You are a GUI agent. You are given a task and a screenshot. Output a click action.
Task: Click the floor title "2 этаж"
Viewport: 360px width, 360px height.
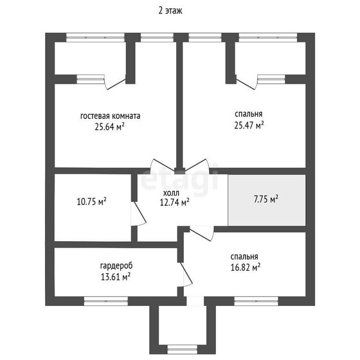[170, 11]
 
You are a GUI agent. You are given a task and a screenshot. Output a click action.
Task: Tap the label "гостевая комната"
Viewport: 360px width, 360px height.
[110, 116]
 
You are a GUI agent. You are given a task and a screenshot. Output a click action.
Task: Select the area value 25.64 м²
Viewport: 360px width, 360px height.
[109, 127]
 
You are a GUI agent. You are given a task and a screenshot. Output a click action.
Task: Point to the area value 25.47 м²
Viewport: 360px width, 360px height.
[249, 125]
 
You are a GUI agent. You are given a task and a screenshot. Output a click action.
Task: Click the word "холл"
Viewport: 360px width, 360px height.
[171, 193]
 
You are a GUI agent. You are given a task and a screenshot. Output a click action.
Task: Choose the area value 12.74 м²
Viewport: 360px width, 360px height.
[174, 203]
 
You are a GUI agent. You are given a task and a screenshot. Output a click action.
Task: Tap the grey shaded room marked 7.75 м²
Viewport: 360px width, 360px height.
[267, 200]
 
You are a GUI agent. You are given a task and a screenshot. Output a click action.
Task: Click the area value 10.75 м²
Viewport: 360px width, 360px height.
[91, 202]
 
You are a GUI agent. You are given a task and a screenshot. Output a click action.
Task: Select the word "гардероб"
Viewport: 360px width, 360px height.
[116, 266]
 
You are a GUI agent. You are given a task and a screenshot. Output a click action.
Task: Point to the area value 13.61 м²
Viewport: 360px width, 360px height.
[116, 276]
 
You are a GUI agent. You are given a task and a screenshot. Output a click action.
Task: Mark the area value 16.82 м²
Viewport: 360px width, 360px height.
[246, 267]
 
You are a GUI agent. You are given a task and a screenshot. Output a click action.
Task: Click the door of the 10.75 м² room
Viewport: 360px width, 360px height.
[138, 213]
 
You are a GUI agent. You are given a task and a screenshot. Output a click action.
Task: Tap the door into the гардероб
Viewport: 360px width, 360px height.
[186, 274]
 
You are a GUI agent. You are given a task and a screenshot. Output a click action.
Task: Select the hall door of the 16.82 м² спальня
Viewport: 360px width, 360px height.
[202, 233]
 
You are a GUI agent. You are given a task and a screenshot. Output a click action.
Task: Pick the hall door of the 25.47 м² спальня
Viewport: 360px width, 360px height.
[197, 165]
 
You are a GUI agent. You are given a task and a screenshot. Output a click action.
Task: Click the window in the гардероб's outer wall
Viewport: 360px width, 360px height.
[106, 301]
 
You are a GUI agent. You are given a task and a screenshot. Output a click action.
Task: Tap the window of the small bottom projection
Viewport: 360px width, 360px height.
[183, 350]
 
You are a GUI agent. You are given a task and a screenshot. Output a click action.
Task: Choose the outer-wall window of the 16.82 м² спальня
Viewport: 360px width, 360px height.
[256, 301]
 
